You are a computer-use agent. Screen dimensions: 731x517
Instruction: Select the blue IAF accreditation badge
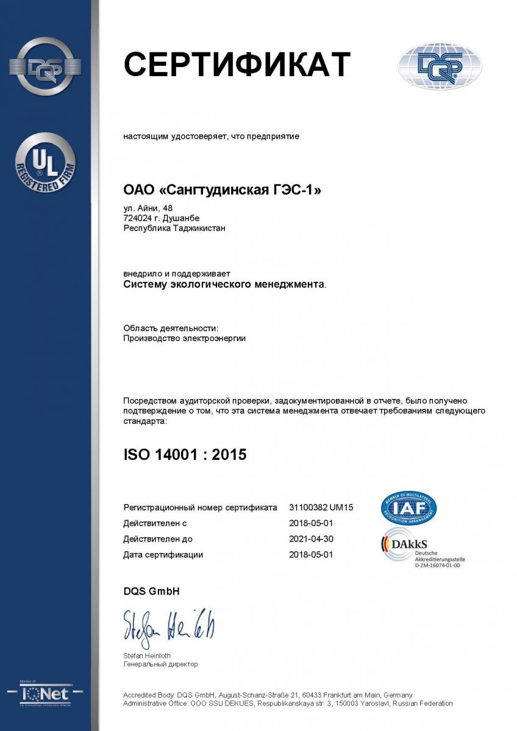point(408,508)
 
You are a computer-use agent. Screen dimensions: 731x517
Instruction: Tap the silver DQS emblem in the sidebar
point(46,67)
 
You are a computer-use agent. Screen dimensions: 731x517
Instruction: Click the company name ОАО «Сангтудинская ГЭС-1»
point(222,191)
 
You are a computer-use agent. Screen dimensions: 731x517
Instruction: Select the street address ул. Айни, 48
point(148,208)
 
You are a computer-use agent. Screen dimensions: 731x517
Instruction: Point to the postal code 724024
point(135,218)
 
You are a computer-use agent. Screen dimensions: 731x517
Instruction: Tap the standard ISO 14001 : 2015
point(185,454)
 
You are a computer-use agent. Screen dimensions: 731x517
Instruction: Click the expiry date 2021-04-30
point(311,539)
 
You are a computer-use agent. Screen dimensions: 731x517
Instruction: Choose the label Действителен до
point(158,539)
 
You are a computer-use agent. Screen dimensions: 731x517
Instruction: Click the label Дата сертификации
point(163,555)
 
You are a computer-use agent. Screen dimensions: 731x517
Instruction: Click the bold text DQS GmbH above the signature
point(151,592)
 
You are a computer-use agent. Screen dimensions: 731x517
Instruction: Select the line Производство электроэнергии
point(184,338)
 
